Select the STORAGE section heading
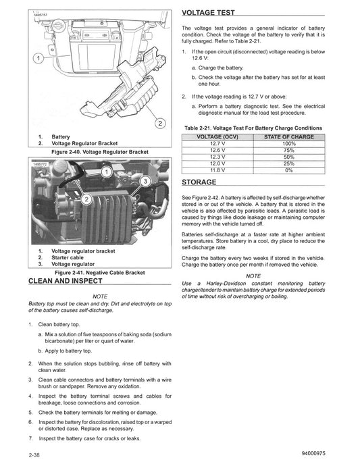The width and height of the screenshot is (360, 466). [200, 182]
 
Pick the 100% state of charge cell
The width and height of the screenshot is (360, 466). [289, 144]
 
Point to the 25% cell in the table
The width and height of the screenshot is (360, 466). [289, 163]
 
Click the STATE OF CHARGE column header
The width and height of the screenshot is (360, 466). [289, 137]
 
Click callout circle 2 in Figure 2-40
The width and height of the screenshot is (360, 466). [160, 123]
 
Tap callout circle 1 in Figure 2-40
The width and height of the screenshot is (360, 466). [39, 59]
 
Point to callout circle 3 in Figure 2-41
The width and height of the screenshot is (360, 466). [145, 182]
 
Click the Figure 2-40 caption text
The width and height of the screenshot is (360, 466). [100, 152]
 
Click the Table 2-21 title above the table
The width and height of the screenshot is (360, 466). [253, 128]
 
